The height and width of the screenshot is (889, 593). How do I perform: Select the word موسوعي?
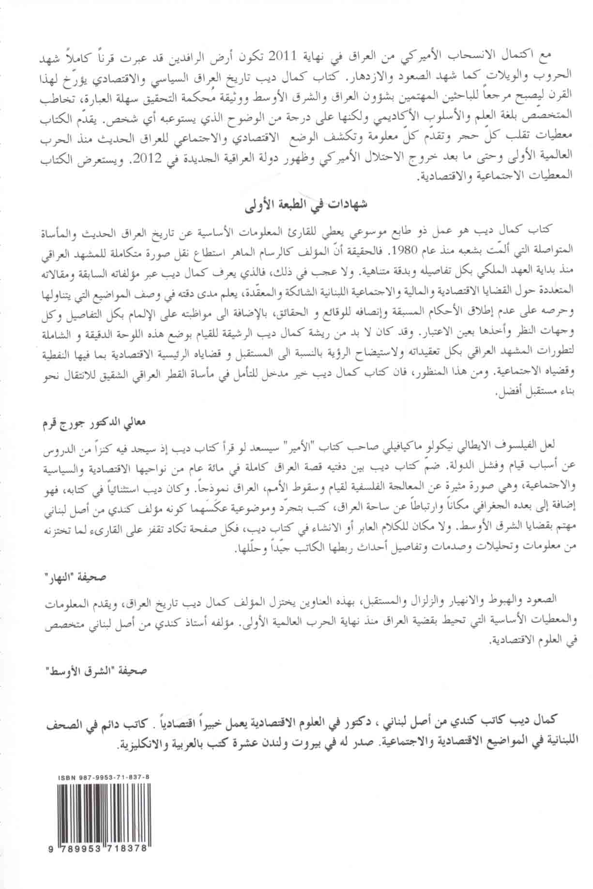(373, 230)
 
